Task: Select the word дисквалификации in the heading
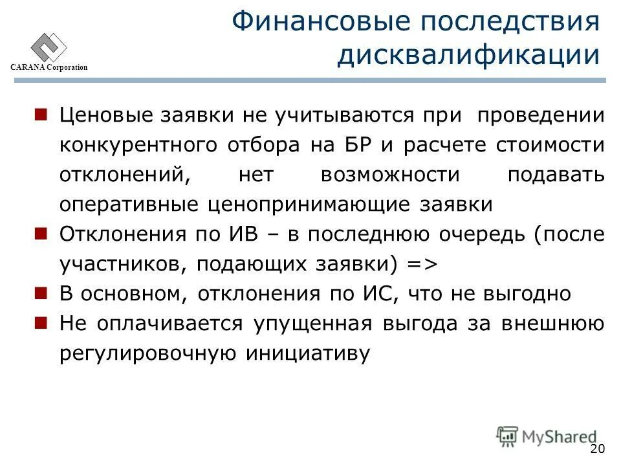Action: pos(468,54)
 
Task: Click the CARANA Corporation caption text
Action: pos(48,69)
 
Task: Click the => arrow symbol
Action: pos(421,264)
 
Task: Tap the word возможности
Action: pos(390,175)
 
